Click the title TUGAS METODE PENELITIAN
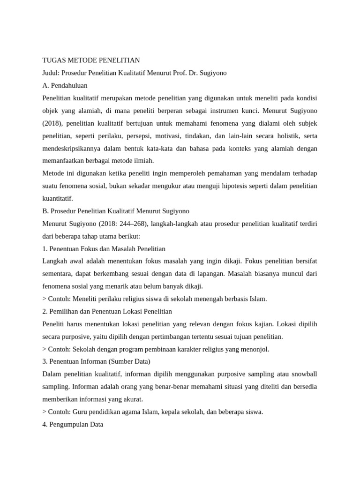point(91,60)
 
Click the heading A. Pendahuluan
point(65,86)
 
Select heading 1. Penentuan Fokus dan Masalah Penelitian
point(104,249)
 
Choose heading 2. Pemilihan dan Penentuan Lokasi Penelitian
point(107,312)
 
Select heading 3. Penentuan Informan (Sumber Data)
point(96,362)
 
